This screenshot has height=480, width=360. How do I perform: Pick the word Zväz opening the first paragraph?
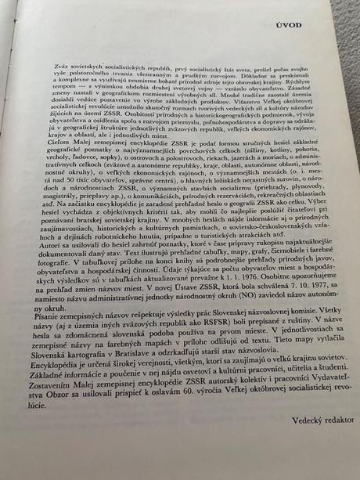[63, 84]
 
